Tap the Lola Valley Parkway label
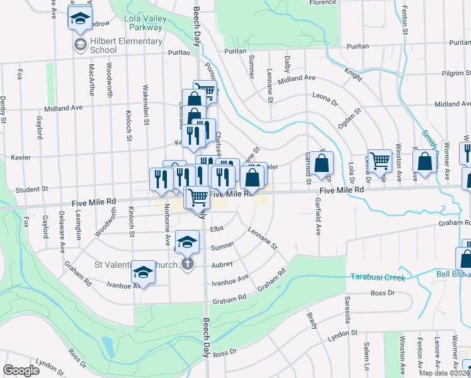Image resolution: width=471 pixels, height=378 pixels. pos(145,23)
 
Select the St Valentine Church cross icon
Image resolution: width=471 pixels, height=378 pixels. pos(187,264)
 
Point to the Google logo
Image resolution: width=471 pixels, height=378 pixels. pos(21,370)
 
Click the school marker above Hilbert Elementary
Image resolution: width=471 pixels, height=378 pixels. pos(80,18)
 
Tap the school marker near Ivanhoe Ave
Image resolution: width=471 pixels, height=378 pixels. pos(144,273)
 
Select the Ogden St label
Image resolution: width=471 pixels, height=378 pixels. pos(349,118)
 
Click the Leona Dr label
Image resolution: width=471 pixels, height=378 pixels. pos(326,98)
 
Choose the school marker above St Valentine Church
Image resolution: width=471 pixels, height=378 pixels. pos(186,242)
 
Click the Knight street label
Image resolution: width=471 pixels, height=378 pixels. pos(353,74)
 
